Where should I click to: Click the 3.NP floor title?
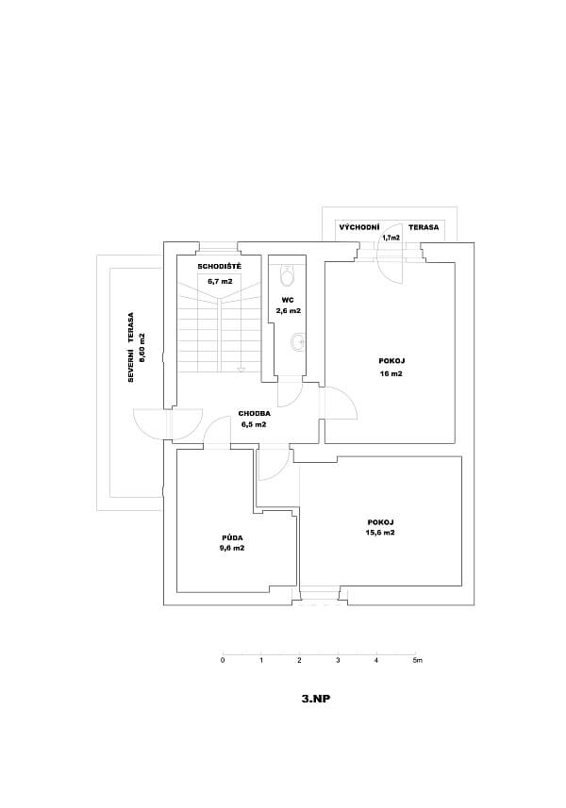tap(315, 700)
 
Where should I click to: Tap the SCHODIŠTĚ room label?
tap(219, 267)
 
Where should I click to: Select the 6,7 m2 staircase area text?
tap(219, 281)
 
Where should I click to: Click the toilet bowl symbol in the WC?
tap(288, 275)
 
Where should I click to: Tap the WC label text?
tap(287, 299)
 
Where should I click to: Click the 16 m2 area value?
tap(391, 373)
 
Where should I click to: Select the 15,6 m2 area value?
tap(380, 533)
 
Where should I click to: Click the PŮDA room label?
tap(231, 537)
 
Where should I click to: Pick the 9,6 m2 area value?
tap(231, 548)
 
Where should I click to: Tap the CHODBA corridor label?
tap(255, 413)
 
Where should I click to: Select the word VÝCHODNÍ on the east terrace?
tap(358, 228)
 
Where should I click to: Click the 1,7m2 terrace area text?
tap(390, 239)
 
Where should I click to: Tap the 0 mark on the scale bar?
tap(223, 661)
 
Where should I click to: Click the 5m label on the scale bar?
tap(417, 661)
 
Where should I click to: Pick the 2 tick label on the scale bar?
tap(299, 661)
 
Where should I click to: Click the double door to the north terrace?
tap(169, 423)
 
